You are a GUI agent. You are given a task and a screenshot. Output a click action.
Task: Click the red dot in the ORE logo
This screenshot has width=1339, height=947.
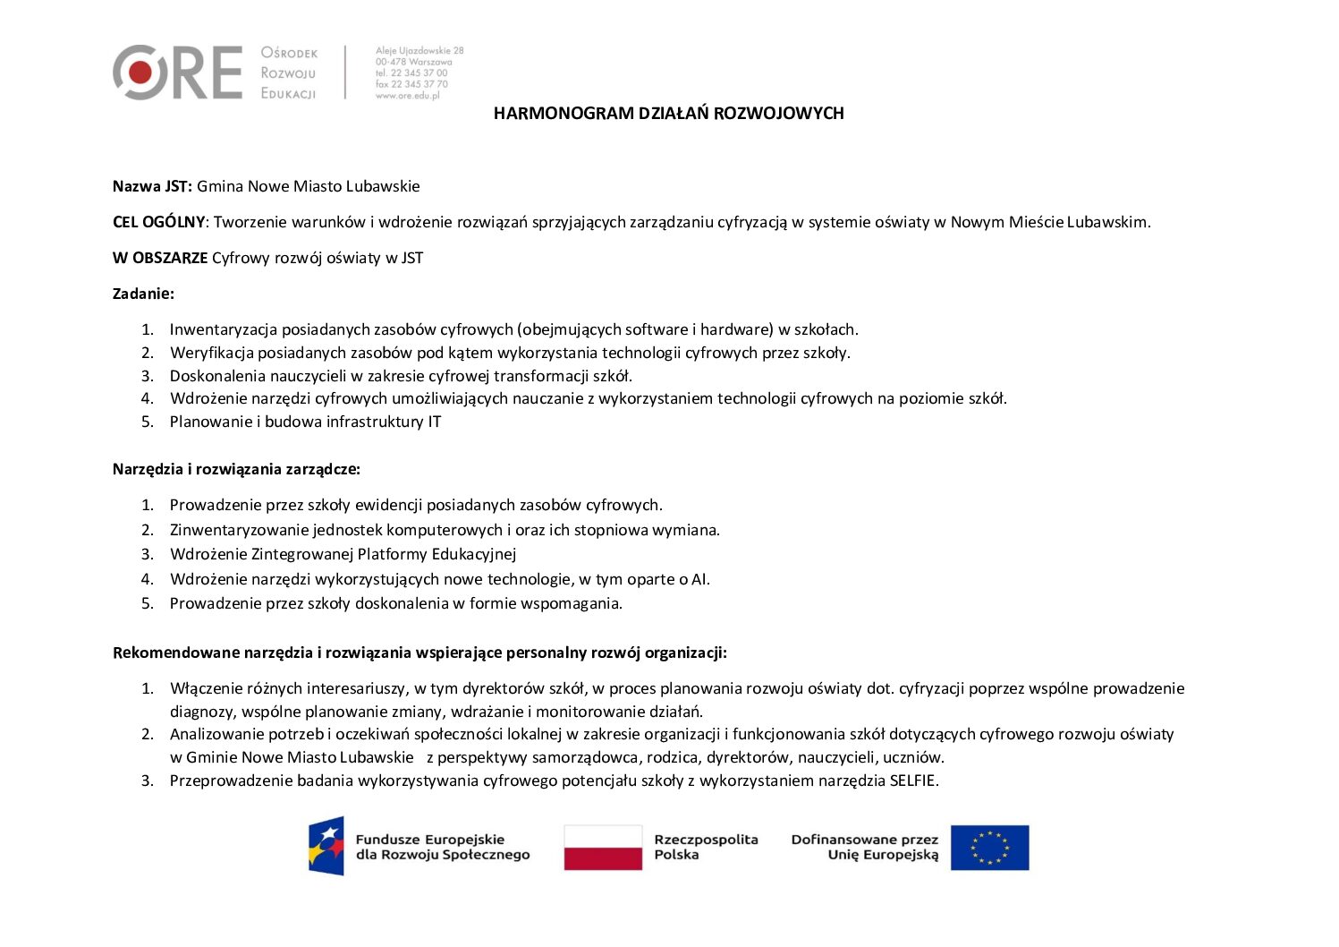click(x=140, y=72)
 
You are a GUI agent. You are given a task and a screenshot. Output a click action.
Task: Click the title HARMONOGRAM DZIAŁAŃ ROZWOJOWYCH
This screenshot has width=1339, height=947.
click(x=668, y=113)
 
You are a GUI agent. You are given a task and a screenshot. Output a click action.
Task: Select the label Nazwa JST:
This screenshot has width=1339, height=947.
click(x=152, y=186)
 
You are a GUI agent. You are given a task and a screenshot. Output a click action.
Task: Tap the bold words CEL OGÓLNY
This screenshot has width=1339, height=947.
click(x=158, y=222)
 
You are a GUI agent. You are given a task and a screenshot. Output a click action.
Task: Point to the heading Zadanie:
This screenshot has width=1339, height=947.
click(x=143, y=293)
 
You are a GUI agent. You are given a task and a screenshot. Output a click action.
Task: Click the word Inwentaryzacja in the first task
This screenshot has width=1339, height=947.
click(x=224, y=329)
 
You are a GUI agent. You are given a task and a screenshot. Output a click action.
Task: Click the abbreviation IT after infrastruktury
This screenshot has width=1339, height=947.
click(x=434, y=422)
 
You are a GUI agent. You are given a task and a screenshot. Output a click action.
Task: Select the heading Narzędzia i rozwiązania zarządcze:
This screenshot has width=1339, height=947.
click(x=236, y=469)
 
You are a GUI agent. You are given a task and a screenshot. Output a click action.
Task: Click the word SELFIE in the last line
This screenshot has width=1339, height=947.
click(x=912, y=781)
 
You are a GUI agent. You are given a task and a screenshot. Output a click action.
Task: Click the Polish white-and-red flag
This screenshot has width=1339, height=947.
click(x=603, y=848)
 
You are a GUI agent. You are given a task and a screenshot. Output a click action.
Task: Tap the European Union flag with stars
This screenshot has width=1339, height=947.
click(x=989, y=848)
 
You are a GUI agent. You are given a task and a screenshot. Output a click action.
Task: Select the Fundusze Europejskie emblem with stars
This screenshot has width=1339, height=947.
click(x=326, y=846)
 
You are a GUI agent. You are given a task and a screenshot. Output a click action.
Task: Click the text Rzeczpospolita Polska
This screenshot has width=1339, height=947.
click(x=706, y=847)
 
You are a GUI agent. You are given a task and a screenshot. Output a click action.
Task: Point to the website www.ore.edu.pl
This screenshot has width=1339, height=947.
click(x=408, y=96)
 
